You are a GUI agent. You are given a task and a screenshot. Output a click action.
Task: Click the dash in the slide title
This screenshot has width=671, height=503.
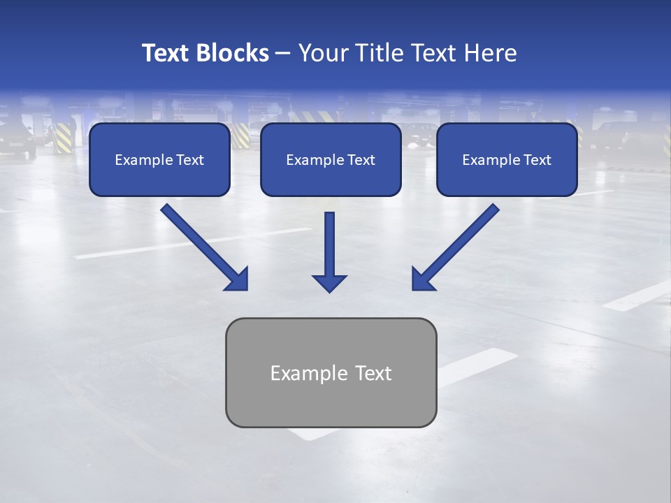click(283, 53)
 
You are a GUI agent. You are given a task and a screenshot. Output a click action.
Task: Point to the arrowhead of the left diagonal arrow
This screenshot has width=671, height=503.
click(238, 279)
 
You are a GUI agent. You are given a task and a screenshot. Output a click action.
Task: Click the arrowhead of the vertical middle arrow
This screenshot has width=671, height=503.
click(329, 283)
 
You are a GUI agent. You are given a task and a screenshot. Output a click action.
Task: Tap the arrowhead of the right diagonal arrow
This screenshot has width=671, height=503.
click(422, 279)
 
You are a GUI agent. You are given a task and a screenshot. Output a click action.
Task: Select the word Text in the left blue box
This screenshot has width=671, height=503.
click(190, 160)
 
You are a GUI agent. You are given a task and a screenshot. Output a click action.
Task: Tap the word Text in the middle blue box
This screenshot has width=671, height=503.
click(361, 160)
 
